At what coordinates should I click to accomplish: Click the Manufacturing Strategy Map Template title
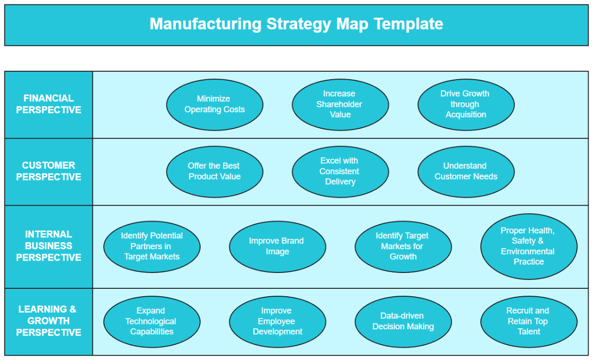pos(296,24)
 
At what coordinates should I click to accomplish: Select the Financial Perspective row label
pos(48,104)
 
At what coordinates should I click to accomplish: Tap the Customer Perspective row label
pos(48,172)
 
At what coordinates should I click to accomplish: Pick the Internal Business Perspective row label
pos(48,246)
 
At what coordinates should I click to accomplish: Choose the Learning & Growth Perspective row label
pos(48,321)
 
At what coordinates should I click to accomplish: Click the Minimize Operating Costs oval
pos(214,104)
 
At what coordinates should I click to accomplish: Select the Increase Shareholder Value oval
pos(340,104)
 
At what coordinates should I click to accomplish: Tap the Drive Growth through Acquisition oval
pos(466,104)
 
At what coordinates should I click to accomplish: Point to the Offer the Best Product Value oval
pos(214,172)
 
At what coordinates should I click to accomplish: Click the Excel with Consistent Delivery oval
pos(340,172)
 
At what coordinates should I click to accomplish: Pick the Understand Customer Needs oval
pos(466,172)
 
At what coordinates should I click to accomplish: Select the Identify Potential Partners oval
pos(152,246)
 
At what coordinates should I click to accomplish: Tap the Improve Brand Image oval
pos(277,246)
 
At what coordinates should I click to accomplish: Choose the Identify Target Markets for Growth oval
pos(403,246)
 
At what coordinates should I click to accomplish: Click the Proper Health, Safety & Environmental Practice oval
pos(528,246)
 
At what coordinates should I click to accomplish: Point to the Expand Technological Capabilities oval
pos(152,321)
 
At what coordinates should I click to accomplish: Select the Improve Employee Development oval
pos(277,321)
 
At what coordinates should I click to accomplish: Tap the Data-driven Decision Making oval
pos(403,321)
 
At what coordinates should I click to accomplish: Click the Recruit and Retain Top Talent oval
pos(528,321)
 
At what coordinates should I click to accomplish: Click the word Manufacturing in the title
pos(206,24)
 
